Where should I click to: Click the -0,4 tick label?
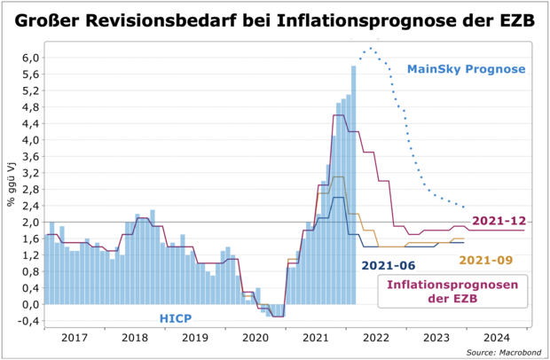27,320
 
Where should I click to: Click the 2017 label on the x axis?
74,338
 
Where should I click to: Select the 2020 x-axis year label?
255,338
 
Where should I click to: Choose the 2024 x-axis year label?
497,338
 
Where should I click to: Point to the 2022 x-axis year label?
376,338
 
